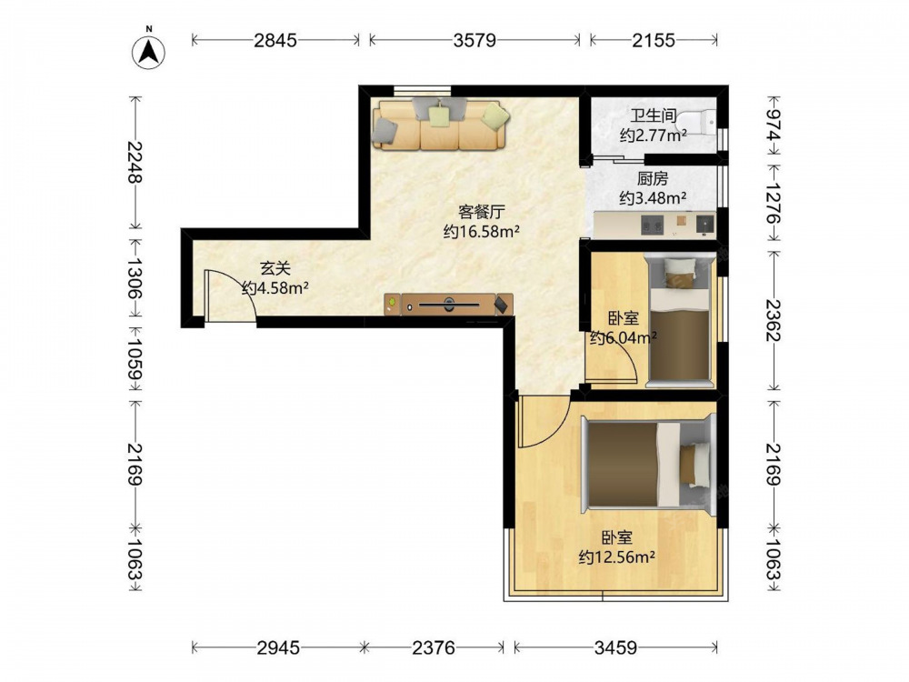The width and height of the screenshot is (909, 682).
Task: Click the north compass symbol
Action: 149,52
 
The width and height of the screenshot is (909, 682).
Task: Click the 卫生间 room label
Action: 654,116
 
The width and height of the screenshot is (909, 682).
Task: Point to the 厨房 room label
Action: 653,178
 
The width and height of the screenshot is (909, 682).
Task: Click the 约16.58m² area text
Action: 481,231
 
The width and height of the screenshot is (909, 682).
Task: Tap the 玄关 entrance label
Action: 275,268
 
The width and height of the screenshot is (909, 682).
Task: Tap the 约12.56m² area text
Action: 617,557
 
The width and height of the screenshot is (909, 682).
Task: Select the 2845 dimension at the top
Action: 275,40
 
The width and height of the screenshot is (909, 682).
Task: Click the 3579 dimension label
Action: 474,40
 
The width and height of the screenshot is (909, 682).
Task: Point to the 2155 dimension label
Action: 654,40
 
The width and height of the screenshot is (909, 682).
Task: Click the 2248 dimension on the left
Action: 135,163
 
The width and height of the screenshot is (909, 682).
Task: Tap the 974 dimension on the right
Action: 774,125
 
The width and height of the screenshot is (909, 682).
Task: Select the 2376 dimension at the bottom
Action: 434,647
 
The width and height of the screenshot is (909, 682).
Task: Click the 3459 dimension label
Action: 615,647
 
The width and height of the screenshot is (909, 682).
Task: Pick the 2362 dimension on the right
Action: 774,320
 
